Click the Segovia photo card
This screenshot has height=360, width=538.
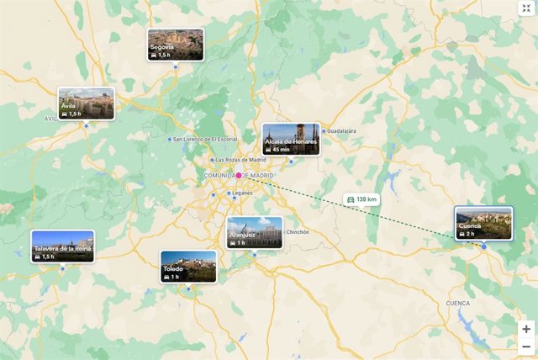(x=175, y=45)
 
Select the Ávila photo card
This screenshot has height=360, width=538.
(x=86, y=104)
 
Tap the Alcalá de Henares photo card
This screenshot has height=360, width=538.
(x=291, y=140)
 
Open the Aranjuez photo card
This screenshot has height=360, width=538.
(x=255, y=233)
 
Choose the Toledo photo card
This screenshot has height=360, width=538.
(x=188, y=266)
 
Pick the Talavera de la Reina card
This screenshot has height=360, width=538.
(x=63, y=246)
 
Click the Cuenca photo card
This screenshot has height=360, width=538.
(x=483, y=223)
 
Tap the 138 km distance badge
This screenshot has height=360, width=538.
(x=361, y=199)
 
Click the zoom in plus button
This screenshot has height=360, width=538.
(x=526, y=329)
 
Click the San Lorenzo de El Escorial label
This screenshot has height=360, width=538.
(x=205, y=139)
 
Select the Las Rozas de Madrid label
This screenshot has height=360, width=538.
(x=240, y=160)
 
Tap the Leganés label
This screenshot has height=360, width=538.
(x=241, y=193)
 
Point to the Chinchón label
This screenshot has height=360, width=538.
(x=298, y=232)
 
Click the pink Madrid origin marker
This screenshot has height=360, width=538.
(x=239, y=175)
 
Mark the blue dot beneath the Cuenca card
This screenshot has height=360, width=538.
(x=484, y=246)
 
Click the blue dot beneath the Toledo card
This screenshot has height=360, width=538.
(x=188, y=289)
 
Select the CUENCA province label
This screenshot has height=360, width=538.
(x=458, y=303)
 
